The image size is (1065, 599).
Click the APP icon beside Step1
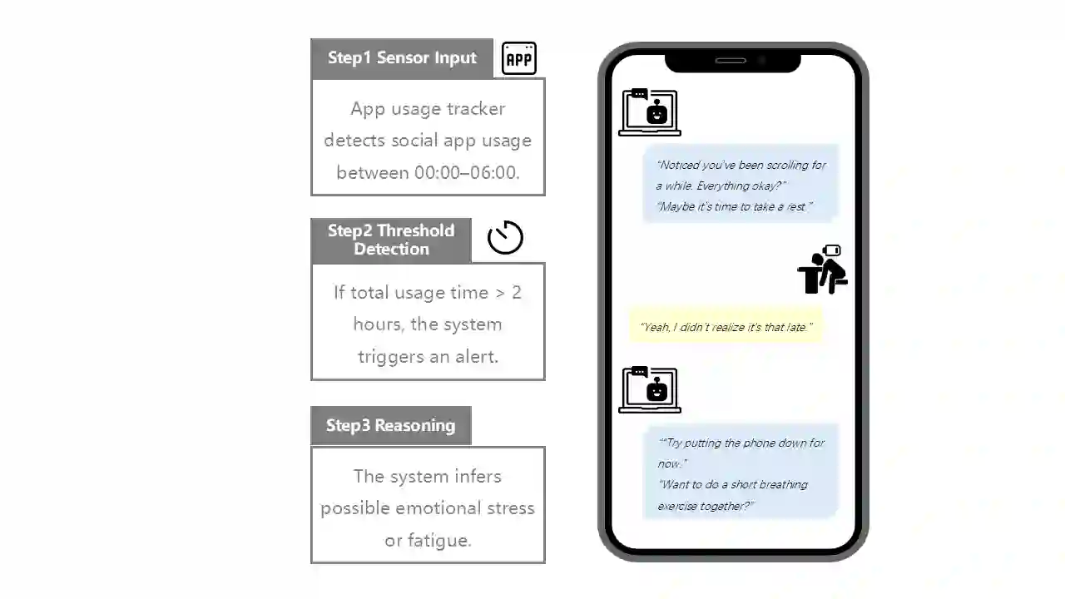tap(518, 58)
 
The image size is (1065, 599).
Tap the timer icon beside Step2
tap(505, 237)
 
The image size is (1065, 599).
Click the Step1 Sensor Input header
tap(402, 58)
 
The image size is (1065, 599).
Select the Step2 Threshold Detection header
tap(391, 240)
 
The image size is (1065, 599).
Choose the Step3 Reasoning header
tap(391, 425)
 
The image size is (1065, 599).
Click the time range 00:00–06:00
tap(466, 172)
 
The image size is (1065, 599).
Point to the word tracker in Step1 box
tap(476, 109)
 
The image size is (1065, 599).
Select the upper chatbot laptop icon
tap(650, 112)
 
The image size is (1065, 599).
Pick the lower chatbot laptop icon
tap(650, 390)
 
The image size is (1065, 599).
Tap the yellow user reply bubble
tap(726, 326)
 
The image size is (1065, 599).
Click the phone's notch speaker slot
tap(731, 61)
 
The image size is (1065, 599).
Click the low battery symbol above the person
tap(831, 250)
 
